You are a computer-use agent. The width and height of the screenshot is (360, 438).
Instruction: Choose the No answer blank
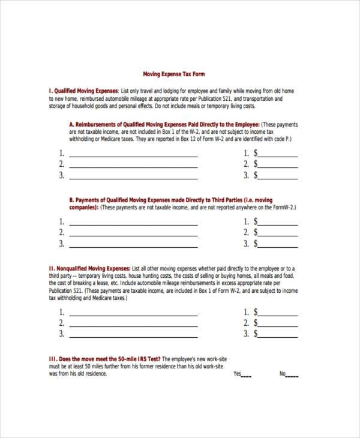292,376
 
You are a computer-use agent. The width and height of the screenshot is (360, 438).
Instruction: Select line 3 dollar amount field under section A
278,177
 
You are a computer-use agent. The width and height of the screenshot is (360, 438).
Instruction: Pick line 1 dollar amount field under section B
278,222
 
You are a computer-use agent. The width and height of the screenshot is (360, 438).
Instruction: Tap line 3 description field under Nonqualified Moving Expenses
133,336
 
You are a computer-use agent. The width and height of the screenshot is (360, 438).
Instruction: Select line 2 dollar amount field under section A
278,166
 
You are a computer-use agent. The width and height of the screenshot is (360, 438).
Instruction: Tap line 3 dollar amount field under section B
278,245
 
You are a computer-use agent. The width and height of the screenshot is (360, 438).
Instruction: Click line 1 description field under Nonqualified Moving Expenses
133,313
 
